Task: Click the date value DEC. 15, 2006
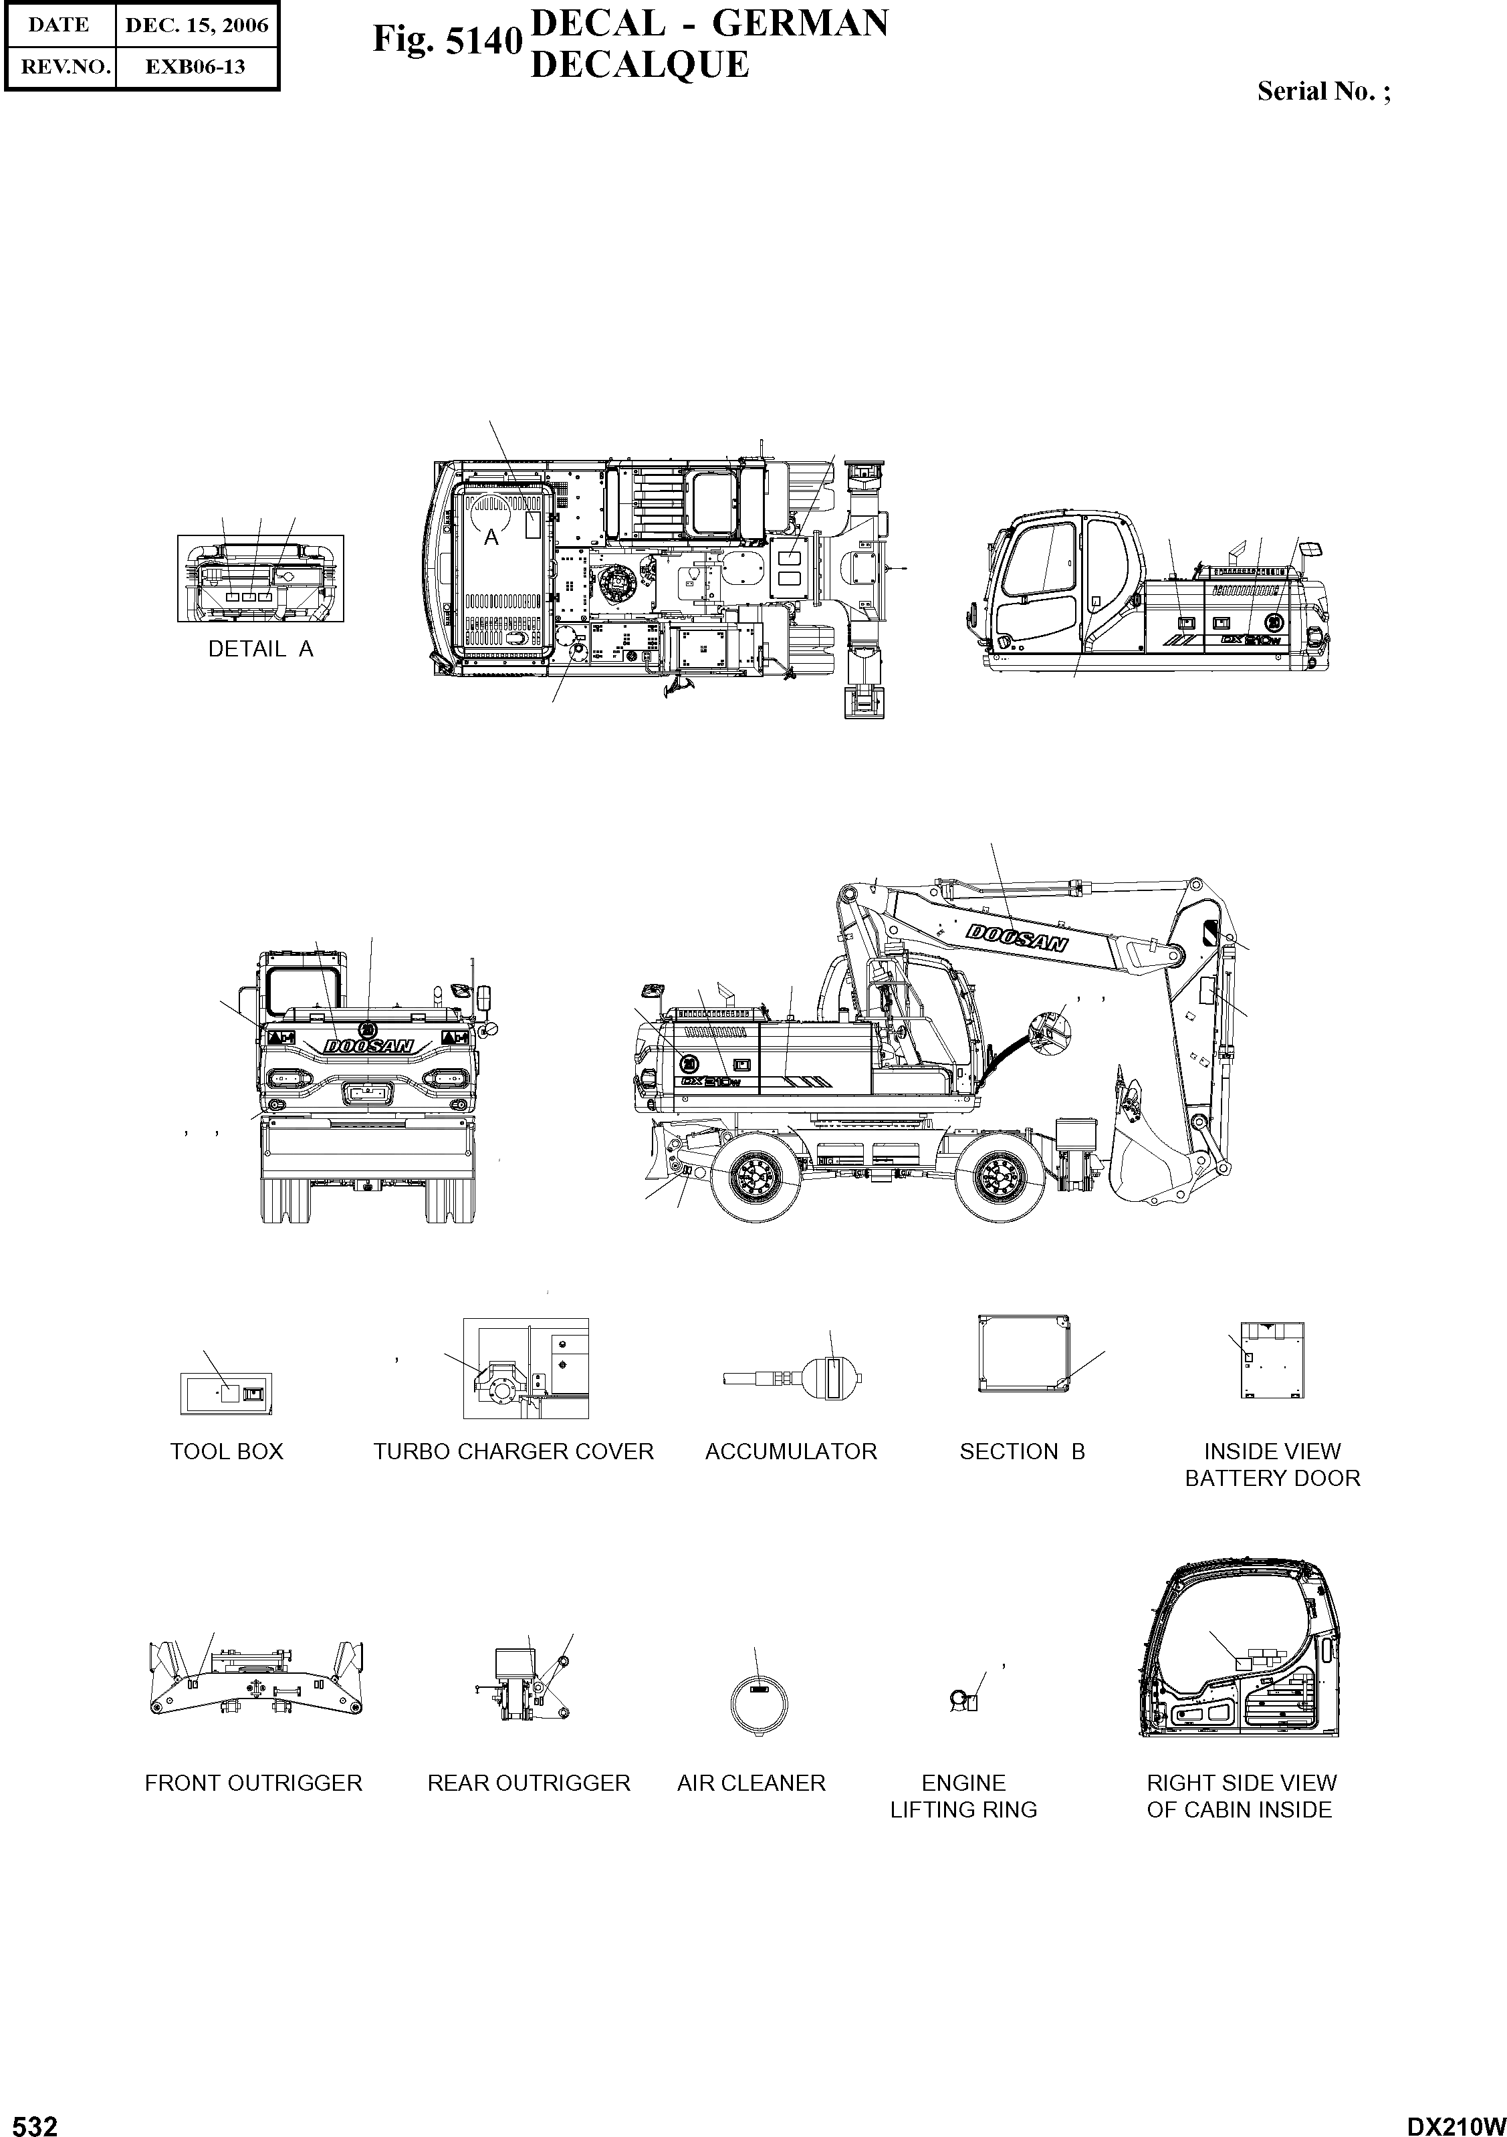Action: pos(197,25)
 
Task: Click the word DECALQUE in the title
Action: pos(639,65)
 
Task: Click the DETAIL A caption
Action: pos(261,650)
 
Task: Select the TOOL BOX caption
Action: pos(226,1452)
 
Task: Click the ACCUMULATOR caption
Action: pos(790,1452)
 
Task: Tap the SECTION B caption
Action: pos(1022,1452)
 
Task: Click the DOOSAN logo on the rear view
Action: pos(368,1046)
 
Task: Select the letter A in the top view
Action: pos(491,538)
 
